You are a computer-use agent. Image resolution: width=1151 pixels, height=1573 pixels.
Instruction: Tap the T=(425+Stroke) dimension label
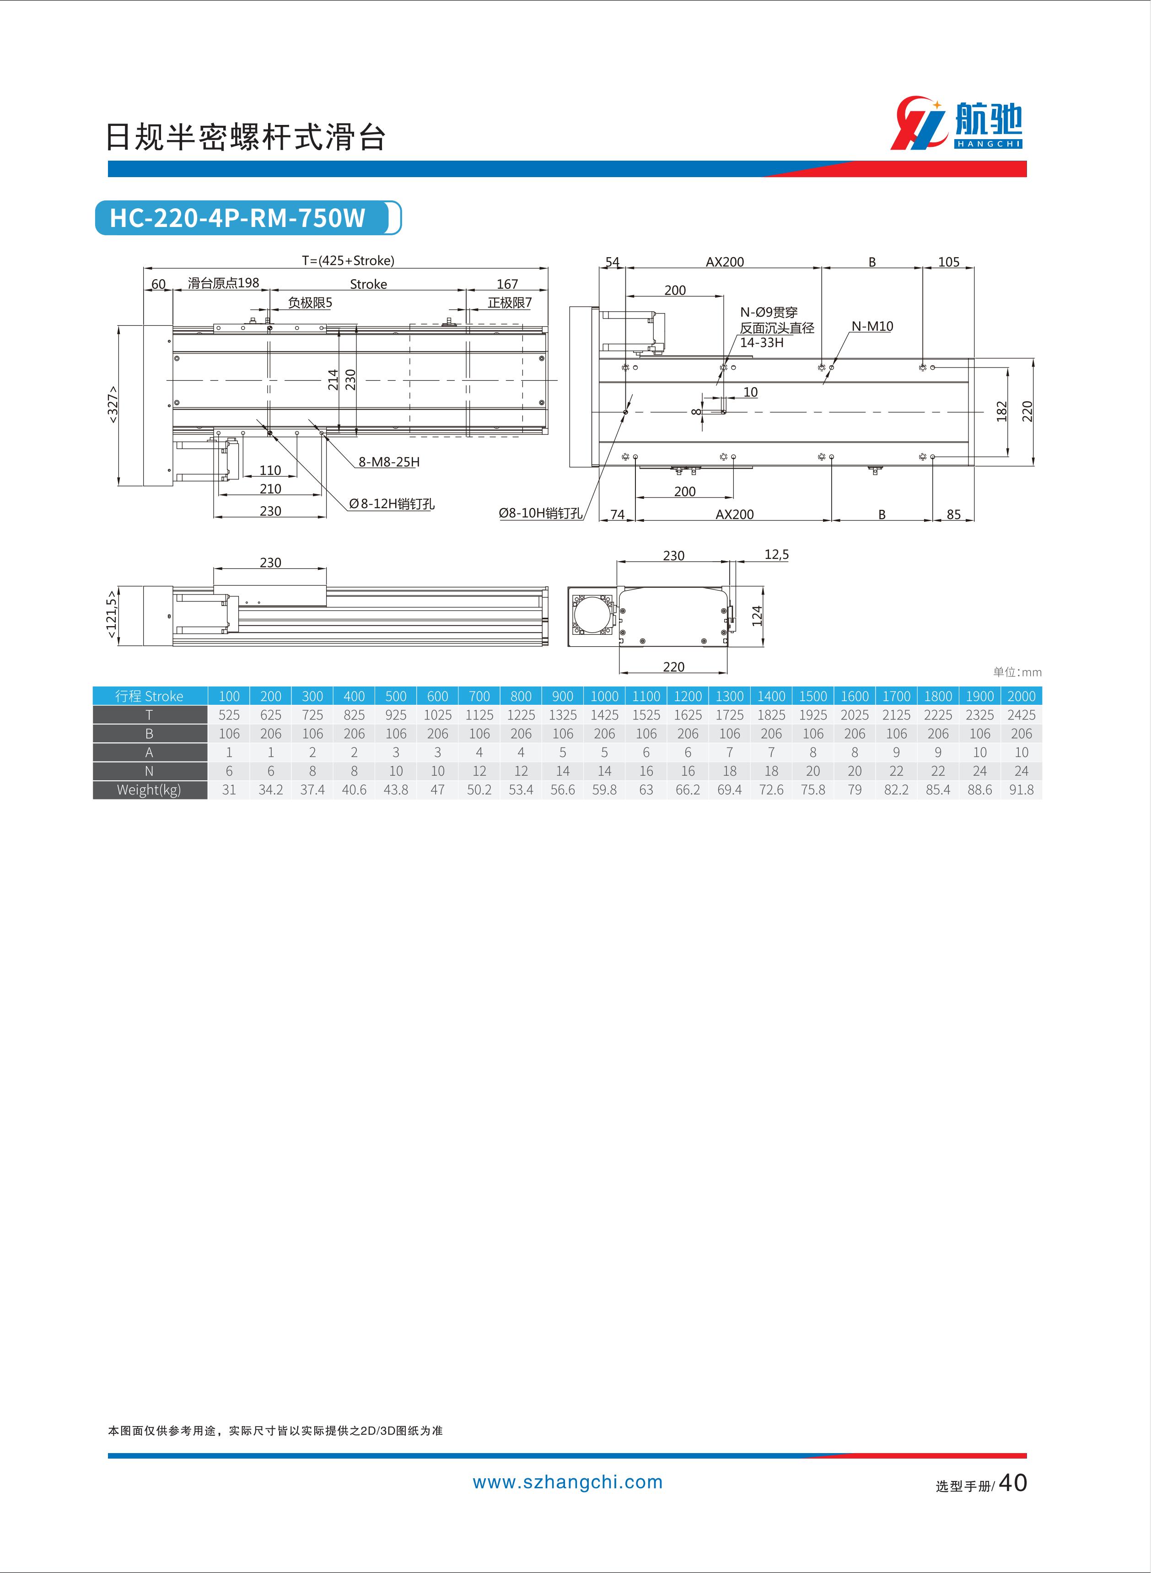coord(348,261)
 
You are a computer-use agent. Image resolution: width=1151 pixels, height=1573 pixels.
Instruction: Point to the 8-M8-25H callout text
coord(389,461)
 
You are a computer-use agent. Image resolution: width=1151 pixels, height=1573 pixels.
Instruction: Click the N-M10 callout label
coord(871,326)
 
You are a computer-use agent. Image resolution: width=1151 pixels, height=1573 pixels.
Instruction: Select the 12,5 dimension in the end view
coord(776,554)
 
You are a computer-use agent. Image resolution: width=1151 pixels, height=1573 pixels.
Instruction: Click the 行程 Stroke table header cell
coord(150,696)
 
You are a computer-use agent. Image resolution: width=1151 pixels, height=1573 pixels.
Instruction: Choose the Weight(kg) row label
coord(150,789)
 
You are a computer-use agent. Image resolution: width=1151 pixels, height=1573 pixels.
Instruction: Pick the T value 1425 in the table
coord(604,715)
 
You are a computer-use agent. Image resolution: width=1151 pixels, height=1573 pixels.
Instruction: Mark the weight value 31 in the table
coord(229,789)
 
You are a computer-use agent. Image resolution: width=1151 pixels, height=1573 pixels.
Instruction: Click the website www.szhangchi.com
coord(568,1482)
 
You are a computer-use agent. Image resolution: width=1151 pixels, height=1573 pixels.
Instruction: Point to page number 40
coord(1012,1482)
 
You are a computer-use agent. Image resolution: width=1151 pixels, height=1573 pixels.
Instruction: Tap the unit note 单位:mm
coord(1017,672)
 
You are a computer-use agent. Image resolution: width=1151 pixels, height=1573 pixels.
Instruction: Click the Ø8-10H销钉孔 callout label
coord(541,513)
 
